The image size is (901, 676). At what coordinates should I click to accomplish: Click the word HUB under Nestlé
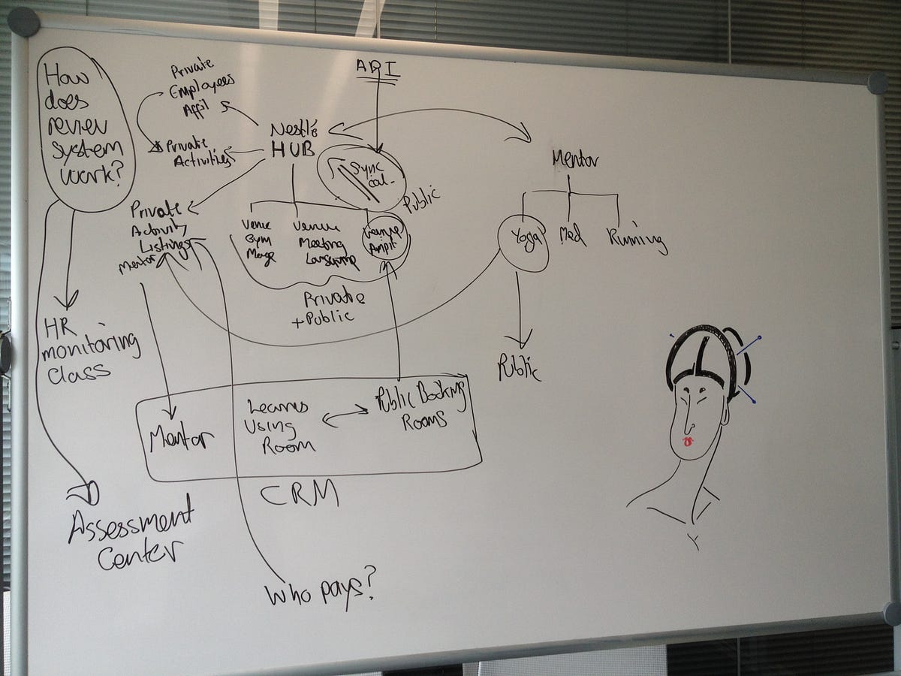(292, 149)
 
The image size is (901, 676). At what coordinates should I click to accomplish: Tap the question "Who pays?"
(320, 592)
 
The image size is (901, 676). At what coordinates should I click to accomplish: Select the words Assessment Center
(132, 536)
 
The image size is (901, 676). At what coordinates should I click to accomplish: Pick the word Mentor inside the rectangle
(181, 438)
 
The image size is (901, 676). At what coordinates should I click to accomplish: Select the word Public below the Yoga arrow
(517, 367)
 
